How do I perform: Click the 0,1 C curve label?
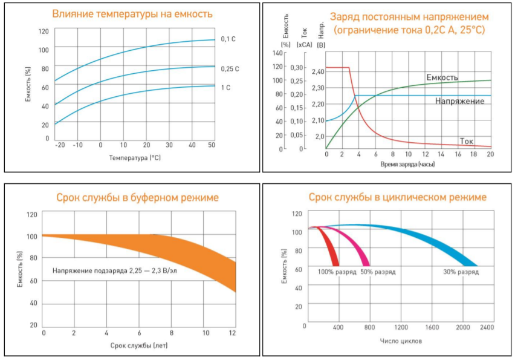tap(227, 39)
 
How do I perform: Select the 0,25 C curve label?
tap(230, 69)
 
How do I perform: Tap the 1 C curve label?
tap(225, 88)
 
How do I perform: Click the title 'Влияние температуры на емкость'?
tap(132, 13)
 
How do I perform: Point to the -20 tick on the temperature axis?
tap(59, 146)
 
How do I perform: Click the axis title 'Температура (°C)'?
tap(135, 158)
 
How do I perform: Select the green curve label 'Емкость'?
tap(442, 77)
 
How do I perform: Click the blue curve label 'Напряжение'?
tap(459, 102)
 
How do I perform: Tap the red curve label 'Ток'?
tap(466, 141)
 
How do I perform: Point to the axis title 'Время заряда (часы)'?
tap(408, 164)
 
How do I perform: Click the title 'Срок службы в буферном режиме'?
tap(137, 197)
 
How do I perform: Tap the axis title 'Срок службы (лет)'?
tap(139, 345)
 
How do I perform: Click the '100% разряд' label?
tap(337, 272)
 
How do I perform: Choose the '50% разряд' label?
tap(378, 272)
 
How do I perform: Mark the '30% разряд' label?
tap(461, 272)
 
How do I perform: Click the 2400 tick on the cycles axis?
tap(487, 327)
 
